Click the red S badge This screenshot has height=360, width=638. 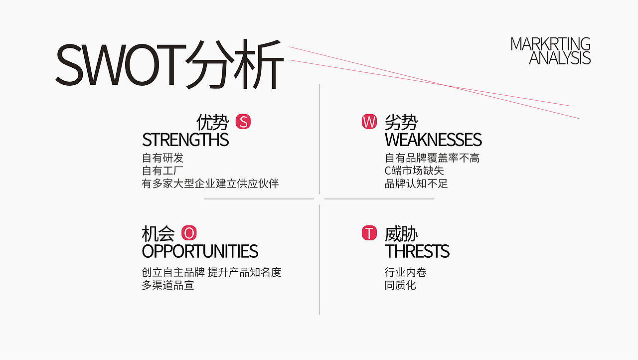(243, 122)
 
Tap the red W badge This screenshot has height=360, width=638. (369, 122)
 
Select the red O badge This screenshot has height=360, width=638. (189, 233)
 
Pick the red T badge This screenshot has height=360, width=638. (369, 233)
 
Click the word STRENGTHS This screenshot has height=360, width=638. (185, 140)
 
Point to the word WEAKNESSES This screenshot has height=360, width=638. (433, 140)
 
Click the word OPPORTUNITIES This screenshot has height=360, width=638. (200, 251)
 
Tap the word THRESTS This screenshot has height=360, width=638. (417, 251)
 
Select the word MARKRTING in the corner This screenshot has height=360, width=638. (550, 44)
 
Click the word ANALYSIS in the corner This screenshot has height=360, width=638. (560, 58)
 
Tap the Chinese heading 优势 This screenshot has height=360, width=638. (212, 122)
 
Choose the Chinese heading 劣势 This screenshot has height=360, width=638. (401, 122)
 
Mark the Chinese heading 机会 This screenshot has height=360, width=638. (158, 233)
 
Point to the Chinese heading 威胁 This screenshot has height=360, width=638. (401, 233)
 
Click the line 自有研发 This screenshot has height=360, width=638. (162, 158)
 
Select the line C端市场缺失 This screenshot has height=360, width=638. (414, 171)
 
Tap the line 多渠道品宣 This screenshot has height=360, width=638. (168, 285)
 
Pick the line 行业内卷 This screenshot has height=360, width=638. (406, 272)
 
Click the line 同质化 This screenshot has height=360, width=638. (400, 285)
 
